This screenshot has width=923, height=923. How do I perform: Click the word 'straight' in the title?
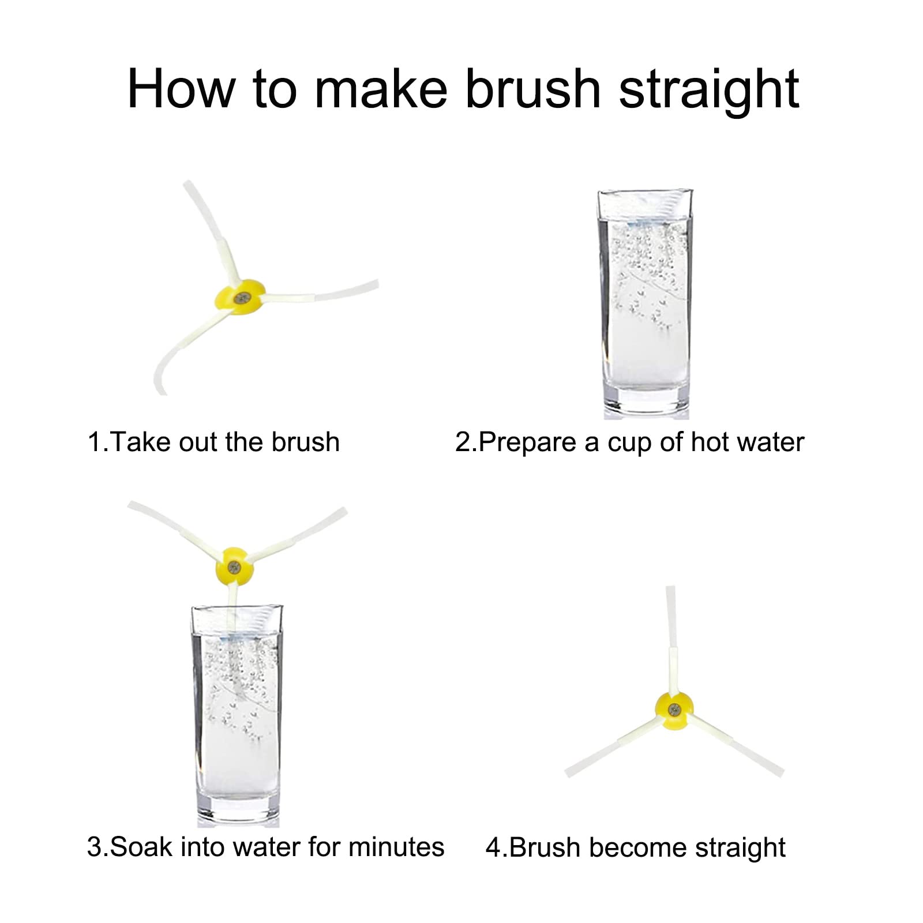pyautogui.click(x=709, y=89)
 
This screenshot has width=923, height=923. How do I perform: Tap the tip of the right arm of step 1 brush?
pyautogui.click(x=377, y=284)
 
